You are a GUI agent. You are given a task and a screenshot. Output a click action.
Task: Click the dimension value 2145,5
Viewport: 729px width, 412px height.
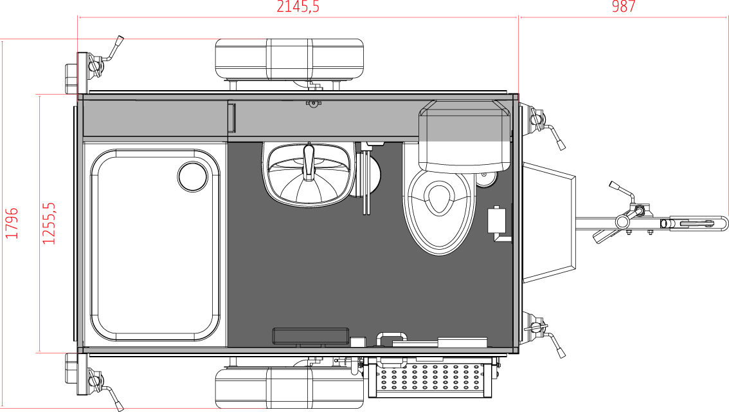point(298,6)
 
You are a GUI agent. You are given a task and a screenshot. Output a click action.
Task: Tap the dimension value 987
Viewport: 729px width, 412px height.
point(624,6)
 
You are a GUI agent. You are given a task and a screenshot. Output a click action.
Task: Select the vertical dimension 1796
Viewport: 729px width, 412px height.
point(12,223)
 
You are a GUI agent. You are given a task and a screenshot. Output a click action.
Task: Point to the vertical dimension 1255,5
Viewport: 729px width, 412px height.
point(49,223)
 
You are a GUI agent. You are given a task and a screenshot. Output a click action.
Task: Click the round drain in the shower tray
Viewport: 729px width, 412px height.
point(192,176)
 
